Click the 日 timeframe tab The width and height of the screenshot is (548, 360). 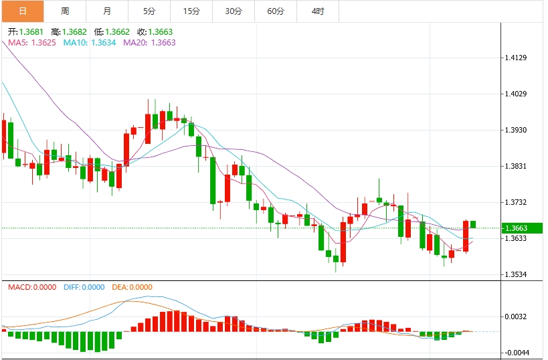[x=23, y=11]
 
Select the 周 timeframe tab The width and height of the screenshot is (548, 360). [x=65, y=11]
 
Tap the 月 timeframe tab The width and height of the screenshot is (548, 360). [x=107, y=11]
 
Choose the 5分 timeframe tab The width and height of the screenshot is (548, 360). [x=149, y=11]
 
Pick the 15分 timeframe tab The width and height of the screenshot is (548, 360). [x=191, y=11]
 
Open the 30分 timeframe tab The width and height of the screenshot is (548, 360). [x=234, y=11]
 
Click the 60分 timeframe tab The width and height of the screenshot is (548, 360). [x=276, y=11]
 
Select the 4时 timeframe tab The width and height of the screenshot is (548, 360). [x=318, y=11]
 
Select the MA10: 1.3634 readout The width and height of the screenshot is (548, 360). [x=90, y=43]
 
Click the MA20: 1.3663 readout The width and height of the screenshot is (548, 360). [x=149, y=43]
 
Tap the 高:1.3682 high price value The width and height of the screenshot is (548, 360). [x=69, y=31]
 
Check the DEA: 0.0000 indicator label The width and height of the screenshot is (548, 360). [x=132, y=287]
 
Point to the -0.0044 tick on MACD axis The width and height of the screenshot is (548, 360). [x=517, y=353]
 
